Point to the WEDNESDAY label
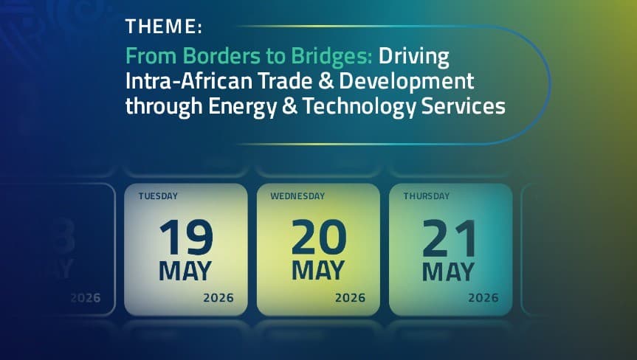point(297,197)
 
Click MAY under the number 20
point(319,271)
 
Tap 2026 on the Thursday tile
point(483,298)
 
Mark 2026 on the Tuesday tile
point(218,298)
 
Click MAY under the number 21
point(449,271)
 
